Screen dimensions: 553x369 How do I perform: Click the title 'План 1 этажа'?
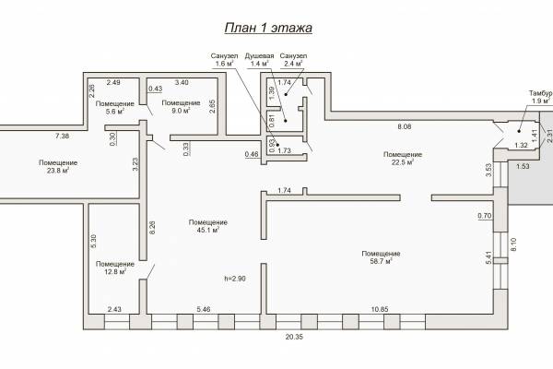click(268, 28)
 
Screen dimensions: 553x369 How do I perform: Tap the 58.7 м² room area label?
click(381, 257)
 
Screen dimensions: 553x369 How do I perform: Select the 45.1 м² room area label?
click(208, 226)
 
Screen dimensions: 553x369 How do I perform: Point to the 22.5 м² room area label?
click(403, 158)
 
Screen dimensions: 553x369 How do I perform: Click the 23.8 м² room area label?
click(58, 167)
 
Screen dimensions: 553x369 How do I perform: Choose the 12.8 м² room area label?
click(115, 268)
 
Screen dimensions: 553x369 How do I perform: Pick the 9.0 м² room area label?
click(181, 107)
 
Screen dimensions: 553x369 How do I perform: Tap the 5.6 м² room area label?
click(115, 107)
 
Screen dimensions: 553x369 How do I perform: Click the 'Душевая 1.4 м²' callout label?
click(259, 60)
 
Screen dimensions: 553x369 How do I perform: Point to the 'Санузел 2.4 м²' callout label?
click(293, 60)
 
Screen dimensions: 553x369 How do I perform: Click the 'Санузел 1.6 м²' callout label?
click(224, 60)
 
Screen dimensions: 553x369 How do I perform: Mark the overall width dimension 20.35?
click(294, 337)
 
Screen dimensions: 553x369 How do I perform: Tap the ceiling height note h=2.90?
click(235, 279)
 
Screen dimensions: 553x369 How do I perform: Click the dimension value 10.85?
click(380, 309)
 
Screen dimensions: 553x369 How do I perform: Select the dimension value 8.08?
click(405, 126)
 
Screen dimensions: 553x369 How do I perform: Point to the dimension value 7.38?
click(62, 136)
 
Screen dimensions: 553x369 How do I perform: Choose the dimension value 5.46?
click(204, 309)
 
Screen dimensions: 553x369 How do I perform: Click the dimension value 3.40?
click(182, 82)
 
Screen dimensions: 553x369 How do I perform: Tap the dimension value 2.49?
click(113, 82)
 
